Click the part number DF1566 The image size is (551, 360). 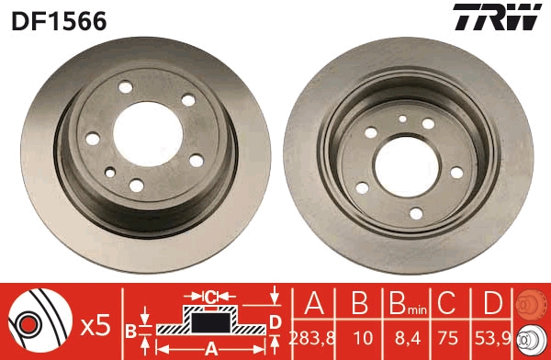(59, 21)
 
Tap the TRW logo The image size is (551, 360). (497, 17)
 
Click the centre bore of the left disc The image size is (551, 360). (148, 134)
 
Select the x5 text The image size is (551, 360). (96, 326)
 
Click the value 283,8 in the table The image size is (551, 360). (312, 339)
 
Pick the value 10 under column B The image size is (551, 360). (363, 339)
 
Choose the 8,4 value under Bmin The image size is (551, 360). (408, 339)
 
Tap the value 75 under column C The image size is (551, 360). (448, 339)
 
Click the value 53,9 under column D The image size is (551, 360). (492, 339)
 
